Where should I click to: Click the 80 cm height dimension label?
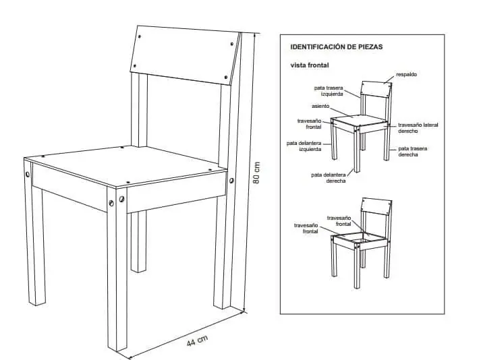pos(257,173)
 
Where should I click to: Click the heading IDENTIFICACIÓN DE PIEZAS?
pos(337,47)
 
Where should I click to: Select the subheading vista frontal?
pos(310,65)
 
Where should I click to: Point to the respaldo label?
pos(406,74)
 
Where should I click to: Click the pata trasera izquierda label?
pos(329,91)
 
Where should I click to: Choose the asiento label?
pos(320,106)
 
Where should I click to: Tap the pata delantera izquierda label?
pos(304,146)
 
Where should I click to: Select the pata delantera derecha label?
pos(329,178)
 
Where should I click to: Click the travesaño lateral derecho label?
pos(418,128)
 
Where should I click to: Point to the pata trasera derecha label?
pos(413,152)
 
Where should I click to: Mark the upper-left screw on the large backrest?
pos(139,36)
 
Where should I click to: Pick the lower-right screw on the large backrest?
pos(226,78)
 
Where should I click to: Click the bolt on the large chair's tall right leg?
pos(231,181)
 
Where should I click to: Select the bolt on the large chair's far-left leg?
pos(28,175)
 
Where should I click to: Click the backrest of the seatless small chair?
pos(376,206)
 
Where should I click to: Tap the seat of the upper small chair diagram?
pos(359,120)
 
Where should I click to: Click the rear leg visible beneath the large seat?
pos(138,241)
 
